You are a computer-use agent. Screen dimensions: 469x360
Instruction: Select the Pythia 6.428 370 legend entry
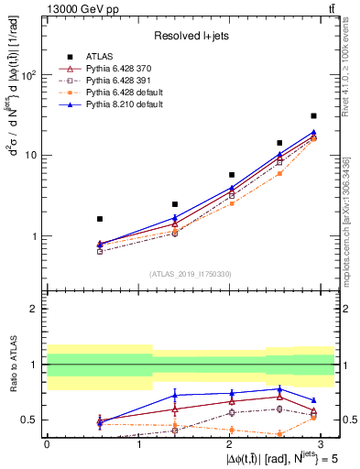[112, 69]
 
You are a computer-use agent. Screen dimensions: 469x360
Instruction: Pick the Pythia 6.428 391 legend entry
[112, 81]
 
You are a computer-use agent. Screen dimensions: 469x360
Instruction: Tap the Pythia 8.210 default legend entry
[115, 104]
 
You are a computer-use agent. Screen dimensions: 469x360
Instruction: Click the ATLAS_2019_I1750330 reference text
[191, 274]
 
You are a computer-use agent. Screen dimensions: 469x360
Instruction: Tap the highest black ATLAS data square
[313, 115]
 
